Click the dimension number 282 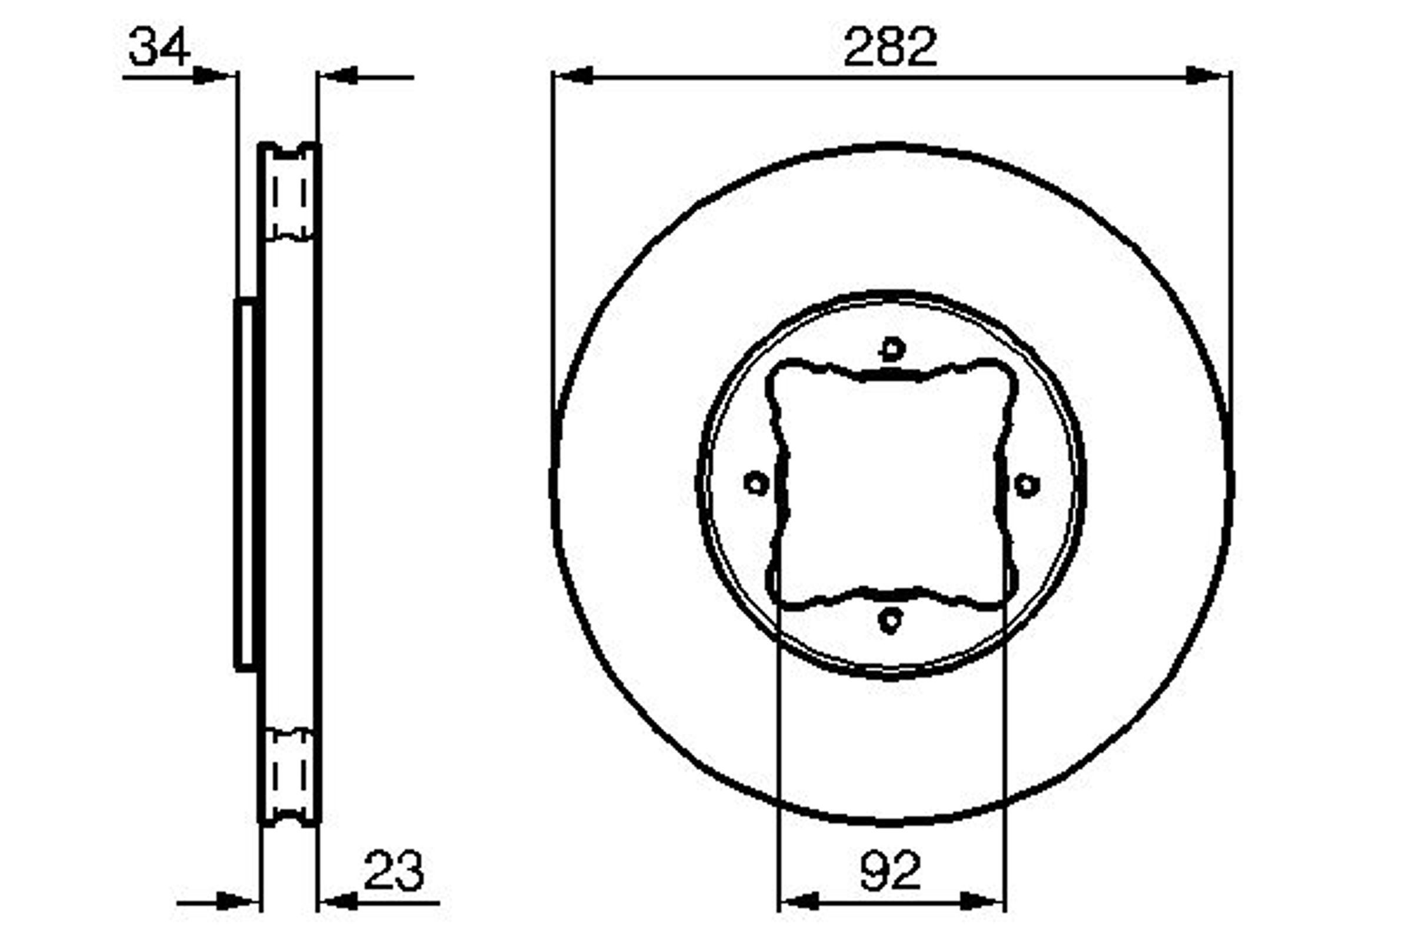click(x=890, y=47)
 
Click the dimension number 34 click(x=159, y=47)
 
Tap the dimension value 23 click(x=394, y=870)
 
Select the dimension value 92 click(x=890, y=870)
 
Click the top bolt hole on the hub click(x=892, y=349)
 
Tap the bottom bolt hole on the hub click(x=890, y=620)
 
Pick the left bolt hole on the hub click(x=757, y=483)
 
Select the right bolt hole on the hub click(x=1027, y=485)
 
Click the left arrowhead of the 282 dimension click(x=572, y=76)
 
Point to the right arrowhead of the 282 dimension click(x=1208, y=76)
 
